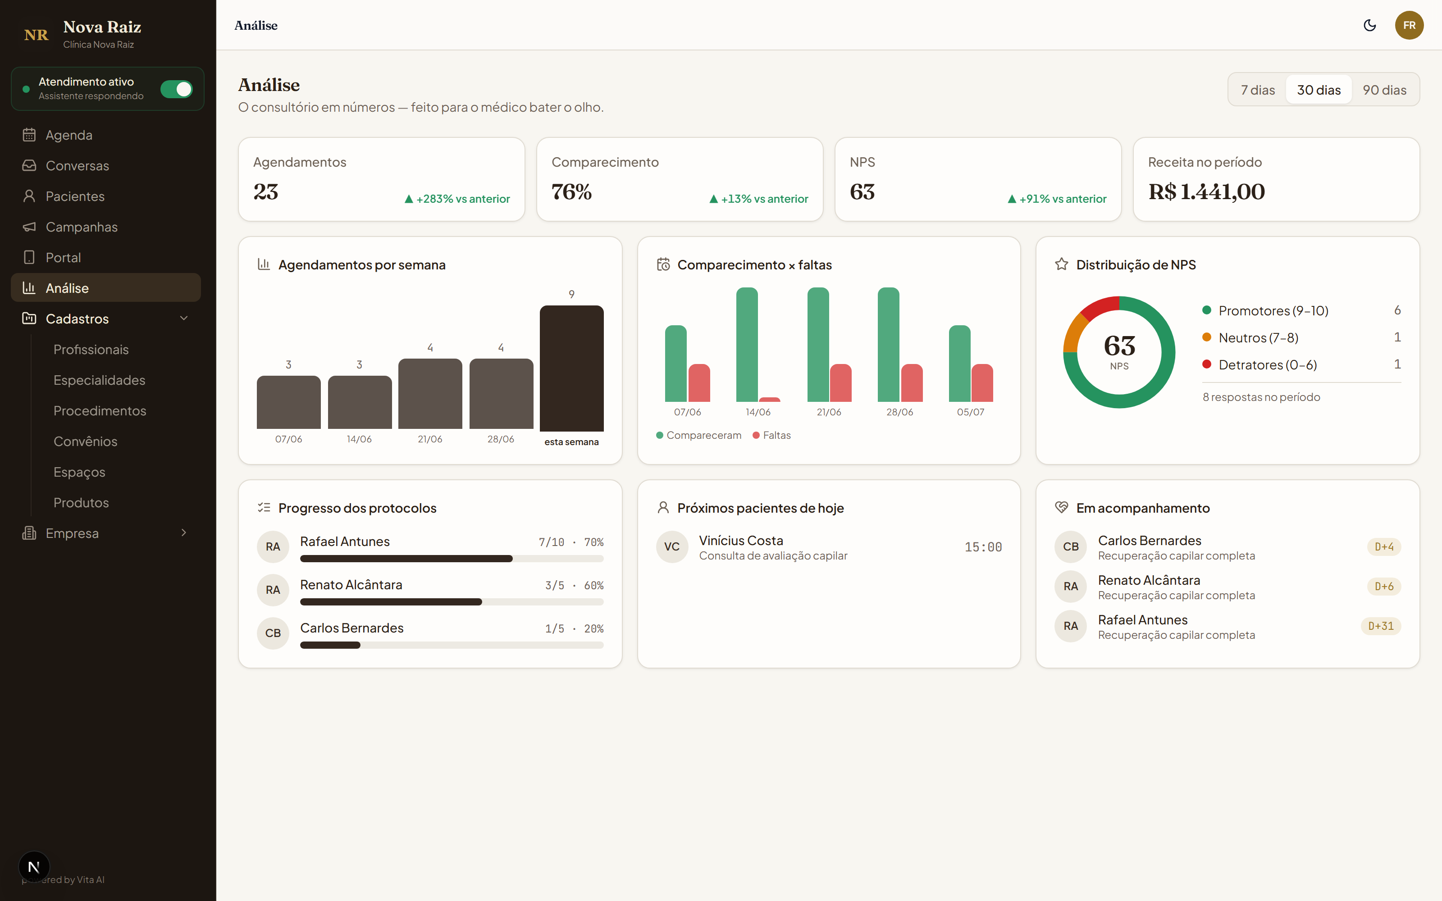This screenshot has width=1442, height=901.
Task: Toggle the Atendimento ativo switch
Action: (176, 89)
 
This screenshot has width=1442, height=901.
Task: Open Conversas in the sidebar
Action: (78, 166)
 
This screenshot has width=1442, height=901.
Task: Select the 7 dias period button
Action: (1258, 90)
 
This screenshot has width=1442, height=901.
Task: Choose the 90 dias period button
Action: (1384, 90)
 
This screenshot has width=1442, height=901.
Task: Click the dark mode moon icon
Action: (1370, 25)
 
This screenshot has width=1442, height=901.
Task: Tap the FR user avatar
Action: (1409, 25)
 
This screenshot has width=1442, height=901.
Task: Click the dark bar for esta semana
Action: (571, 368)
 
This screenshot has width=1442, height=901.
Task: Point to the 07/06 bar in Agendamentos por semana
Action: (288, 402)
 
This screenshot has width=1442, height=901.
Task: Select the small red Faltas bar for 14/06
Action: (769, 399)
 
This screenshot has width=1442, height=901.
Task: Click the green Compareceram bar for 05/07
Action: (959, 364)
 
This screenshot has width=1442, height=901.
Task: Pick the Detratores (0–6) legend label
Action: (1268, 365)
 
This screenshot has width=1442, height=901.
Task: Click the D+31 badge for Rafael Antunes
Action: (1381, 626)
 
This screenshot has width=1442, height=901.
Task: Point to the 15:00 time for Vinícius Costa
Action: (983, 547)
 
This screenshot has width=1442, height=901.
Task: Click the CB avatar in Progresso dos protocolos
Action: (273, 633)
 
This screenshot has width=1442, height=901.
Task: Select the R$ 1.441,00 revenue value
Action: (1207, 192)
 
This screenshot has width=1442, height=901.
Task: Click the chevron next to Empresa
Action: (183, 533)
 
